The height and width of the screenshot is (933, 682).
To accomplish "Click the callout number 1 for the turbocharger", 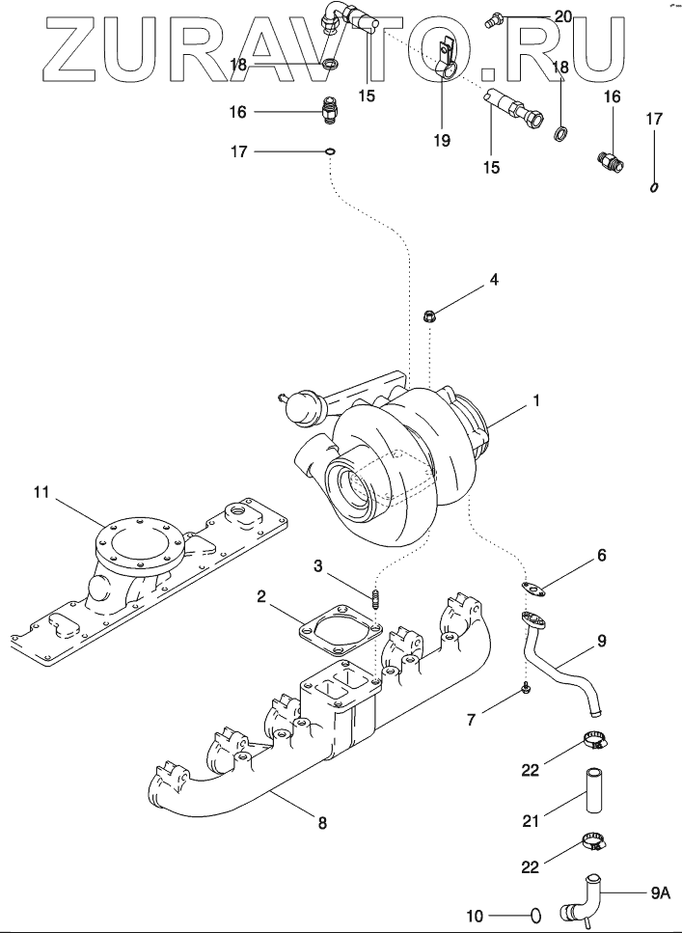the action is point(535,401).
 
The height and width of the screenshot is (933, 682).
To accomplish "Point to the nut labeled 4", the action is point(429,316).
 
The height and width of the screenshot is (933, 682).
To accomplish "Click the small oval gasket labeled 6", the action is point(533,589).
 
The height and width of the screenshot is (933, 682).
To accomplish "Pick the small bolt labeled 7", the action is point(527,688).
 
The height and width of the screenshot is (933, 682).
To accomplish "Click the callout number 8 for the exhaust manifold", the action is point(322,823).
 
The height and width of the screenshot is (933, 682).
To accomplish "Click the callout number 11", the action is point(41,493).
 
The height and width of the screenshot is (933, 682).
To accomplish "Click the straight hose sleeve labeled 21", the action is point(593,790).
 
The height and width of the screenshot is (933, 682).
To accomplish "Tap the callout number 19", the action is point(442,141).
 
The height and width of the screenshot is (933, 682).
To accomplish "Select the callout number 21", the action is point(530,821).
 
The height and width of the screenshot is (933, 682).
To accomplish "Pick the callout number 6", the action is point(601,555).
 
